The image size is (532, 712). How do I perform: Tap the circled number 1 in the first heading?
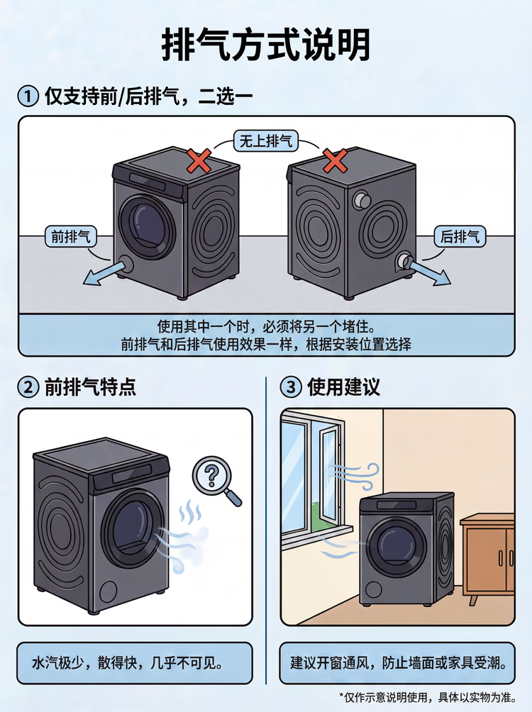click(28, 96)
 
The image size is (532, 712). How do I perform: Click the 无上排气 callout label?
click(265, 141)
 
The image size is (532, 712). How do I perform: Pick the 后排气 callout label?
click(460, 237)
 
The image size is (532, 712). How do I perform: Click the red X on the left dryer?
click(199, 161)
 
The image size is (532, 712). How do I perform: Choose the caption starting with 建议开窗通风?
click(398, 664)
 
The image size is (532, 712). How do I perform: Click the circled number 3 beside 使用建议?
click(291, 387)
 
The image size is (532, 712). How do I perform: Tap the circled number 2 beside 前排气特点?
click(28, 387)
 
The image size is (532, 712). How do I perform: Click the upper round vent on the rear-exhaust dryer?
click(361, 199)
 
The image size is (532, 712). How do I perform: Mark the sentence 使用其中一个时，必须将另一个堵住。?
click(266, 328)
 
